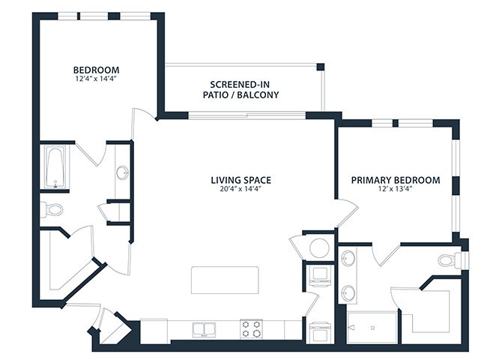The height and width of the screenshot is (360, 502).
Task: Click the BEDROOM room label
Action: click(96, 70)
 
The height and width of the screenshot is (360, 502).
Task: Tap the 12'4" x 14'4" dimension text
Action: click(96, 79)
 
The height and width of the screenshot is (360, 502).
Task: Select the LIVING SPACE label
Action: click(241, 180)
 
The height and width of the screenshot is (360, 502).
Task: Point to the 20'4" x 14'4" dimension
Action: click(241, 189)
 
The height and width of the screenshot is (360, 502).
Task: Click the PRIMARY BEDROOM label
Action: click(396, 180)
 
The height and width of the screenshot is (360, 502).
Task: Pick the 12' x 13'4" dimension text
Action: click(396, 189)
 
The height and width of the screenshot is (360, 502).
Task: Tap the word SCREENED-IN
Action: click(240, 85)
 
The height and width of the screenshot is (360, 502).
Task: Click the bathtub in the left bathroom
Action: click(55, 166)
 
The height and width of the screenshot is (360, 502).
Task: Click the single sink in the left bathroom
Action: click(122, 173)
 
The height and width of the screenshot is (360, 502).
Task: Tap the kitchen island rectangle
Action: click(225, 280)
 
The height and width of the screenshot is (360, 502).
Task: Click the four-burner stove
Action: click(251, 329)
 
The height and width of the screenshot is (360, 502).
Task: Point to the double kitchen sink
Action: click(204, 329)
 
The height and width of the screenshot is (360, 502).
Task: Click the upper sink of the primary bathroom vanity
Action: click(348, 258)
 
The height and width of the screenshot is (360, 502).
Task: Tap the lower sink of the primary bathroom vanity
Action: click(348, 293)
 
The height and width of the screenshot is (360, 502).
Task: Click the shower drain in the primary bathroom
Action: click(372, 328)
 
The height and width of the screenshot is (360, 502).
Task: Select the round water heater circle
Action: click(319, 247)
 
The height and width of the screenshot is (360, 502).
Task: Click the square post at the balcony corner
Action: click(321, 67)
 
